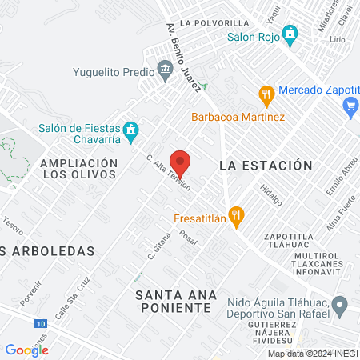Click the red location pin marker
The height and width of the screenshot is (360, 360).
point(180,162)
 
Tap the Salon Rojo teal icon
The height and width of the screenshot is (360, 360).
point(290,34)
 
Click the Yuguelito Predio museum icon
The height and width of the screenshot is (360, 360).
point(165,70)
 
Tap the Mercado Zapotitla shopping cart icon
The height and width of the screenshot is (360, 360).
point(350,105)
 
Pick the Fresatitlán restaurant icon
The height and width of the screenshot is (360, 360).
point(235,216)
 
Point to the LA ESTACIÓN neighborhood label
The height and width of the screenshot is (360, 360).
point(265,166)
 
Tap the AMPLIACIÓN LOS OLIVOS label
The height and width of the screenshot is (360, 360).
point(78,169)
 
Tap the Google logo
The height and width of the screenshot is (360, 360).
point(26,350)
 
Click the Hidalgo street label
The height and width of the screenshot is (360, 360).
point(271,194)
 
